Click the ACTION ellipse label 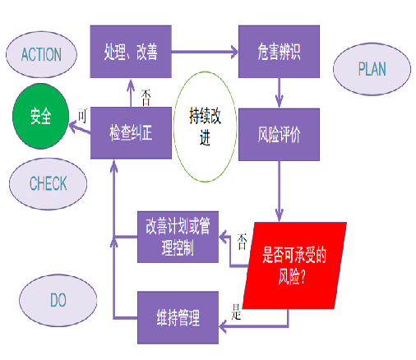tap(41, 54)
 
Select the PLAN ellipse tap(372, 69)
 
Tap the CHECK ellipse tap(49, 184)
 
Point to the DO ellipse tap(58, 301)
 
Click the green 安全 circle tap(40, 116)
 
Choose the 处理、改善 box tap(131, 52)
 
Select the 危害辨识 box tap(279, 52)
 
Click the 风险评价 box tap(279, 135)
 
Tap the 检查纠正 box tap(131, 133)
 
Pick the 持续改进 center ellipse tap(206, 127)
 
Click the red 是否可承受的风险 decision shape tap(294, 265)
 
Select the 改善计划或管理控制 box tap(178, 237)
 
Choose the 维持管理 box tap(178, 317)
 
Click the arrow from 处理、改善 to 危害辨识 tap(205, 52)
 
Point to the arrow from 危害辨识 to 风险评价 tap(280, 93)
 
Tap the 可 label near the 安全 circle tap(82, 116)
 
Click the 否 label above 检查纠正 tap(146, 98)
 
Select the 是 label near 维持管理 tap(236, 312)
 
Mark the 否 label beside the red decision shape tap(242, 242)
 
